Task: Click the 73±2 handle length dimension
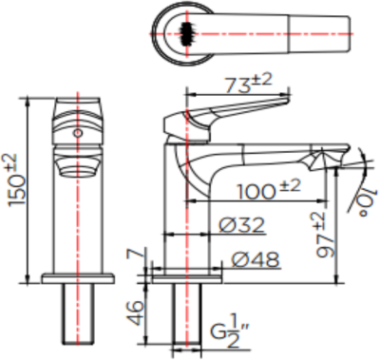point(245,83)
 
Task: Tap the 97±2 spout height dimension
point(324,231)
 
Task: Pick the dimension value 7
point(134,256)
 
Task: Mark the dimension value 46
point(135,309)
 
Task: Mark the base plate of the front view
point(79,277)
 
